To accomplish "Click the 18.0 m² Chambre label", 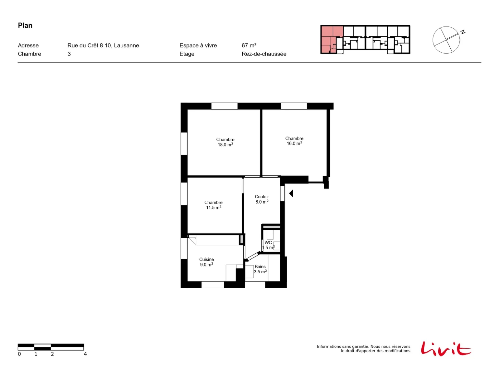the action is coord(225,142).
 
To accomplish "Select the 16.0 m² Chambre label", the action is coord(294,141).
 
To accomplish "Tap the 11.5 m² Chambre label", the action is coord(213,205).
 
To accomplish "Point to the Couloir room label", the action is coord(262,199).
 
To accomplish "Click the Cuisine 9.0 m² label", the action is coord(206,262).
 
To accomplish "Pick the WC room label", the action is coord(268,245).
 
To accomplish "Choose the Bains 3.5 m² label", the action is coord(260,269).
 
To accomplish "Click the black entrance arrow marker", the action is coord(291,193).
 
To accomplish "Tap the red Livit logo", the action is coord(446,348).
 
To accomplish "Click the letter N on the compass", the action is coord(463,32).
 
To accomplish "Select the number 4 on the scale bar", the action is coord(85,354).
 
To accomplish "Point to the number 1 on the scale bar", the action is coord(36,354).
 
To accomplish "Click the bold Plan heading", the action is coord(25,26).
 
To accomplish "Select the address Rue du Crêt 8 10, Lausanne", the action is coord(103,46).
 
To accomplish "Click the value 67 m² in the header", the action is coord(249,46).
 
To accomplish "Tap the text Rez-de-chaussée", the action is coord(264,54).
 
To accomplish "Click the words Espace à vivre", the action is coord(198,46).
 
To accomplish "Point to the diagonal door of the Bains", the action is coord(253,256).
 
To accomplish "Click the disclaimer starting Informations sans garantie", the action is coord(364,348).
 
